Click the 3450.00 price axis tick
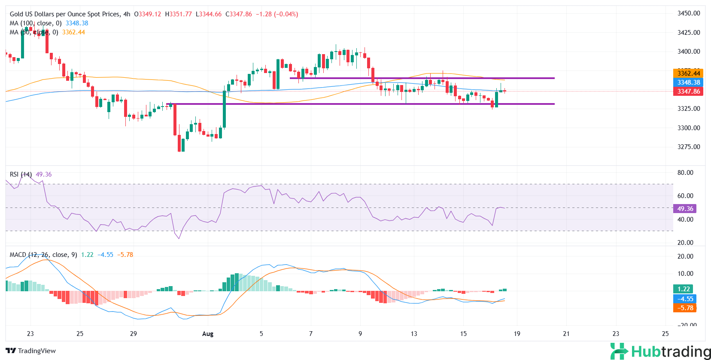688,13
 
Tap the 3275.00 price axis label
688,147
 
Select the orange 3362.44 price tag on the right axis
688,73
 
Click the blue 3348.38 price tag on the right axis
688,82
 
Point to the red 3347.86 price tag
688,92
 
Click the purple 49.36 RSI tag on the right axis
685,209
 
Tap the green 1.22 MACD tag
684,289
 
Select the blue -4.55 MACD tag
685,299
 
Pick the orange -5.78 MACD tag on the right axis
685,308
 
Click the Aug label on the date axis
207,334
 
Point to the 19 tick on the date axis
517,334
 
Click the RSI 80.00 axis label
685,173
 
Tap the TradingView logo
31,351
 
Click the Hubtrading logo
660,351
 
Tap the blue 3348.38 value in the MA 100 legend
77,23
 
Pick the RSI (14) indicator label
21,174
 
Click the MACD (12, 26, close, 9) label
43,255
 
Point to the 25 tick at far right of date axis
665,334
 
